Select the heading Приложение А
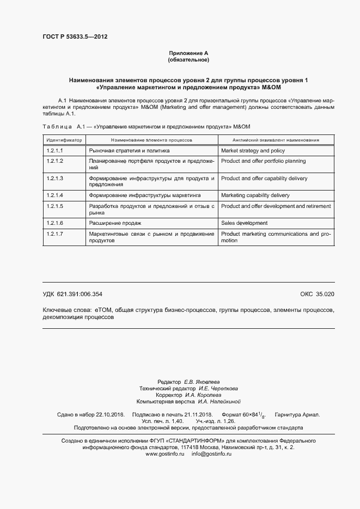pos(188,53)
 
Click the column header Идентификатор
pos(64,140)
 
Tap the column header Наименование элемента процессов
pos(152,140)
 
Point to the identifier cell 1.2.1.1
pos(55,151)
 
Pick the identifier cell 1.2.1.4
pos(55,195)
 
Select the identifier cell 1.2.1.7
pos(55,234)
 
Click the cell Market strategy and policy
pos(253,151)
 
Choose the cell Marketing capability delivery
pos(255,195)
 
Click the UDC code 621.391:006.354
pos(80,295)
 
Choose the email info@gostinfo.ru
pos(212,439)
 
